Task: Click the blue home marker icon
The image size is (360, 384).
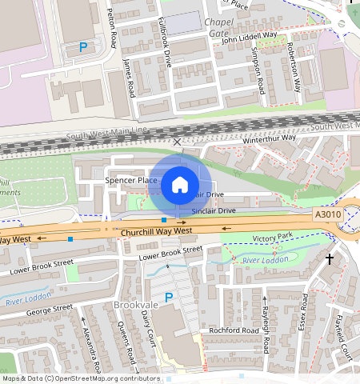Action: (180, 185)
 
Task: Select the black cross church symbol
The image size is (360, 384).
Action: (329, 259)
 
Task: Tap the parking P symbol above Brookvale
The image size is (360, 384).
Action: (168, 297)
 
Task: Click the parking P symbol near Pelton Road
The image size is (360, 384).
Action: (82, 48)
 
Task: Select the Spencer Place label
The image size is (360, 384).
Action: (131, 182)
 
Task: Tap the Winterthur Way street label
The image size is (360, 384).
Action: (270, 138)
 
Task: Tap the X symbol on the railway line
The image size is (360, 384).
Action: (178, 142)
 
